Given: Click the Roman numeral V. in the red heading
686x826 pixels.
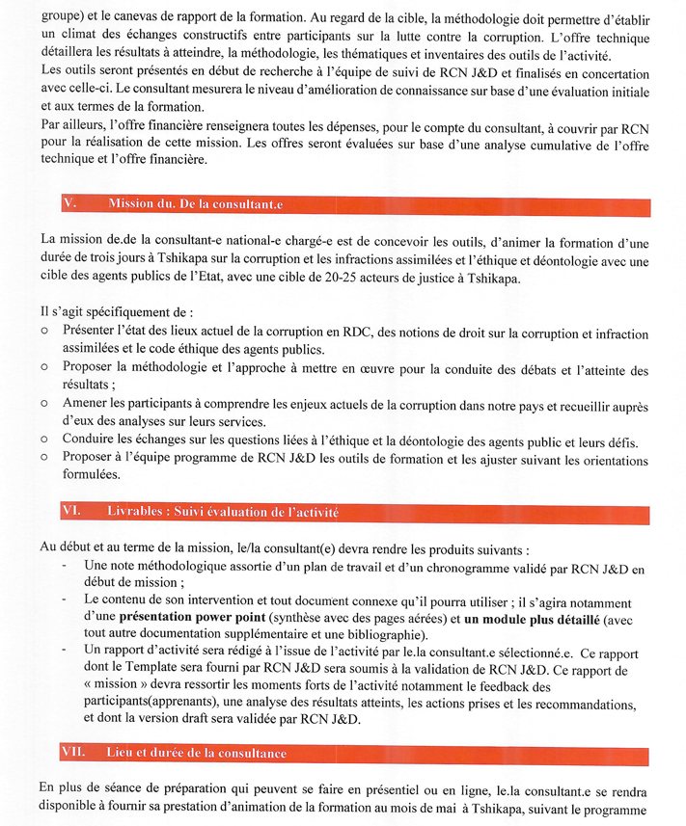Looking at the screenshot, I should (69, 204).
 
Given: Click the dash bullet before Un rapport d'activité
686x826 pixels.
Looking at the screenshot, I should (64, 652).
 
